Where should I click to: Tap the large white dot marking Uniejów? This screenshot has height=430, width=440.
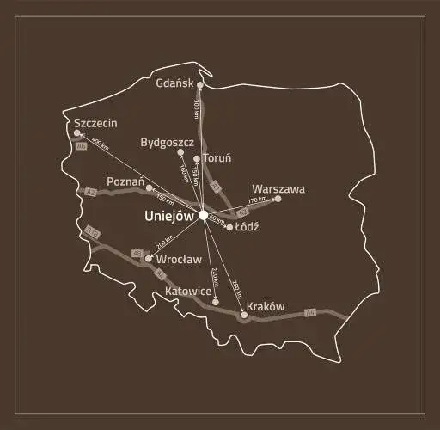click(x=203, y=215)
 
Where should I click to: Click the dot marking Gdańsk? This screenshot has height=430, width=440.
click(x=200, y=85)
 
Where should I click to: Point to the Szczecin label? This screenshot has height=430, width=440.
click(x=95, y=123)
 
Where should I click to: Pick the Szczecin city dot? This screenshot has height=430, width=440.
click(x=77, y=133)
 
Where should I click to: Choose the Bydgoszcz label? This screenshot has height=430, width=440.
click(x=167, y=142)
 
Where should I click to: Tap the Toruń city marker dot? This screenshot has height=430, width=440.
click(x=197, y=159)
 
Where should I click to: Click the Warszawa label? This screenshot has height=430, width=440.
click(x=278, y=189)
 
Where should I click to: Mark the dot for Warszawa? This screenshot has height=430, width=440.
click(x=278, y=199)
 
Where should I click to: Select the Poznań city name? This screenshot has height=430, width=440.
click(x=125, y=181)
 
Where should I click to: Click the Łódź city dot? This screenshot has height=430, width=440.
click(x=229, y=227)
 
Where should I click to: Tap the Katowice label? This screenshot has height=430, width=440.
click(x=188, y=292)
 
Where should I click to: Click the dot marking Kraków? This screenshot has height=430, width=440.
click(x=244, y=316)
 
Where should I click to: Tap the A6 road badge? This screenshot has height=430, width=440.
click(x=82, y=147)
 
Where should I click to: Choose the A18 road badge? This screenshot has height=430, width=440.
click(x=93, y=232)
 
